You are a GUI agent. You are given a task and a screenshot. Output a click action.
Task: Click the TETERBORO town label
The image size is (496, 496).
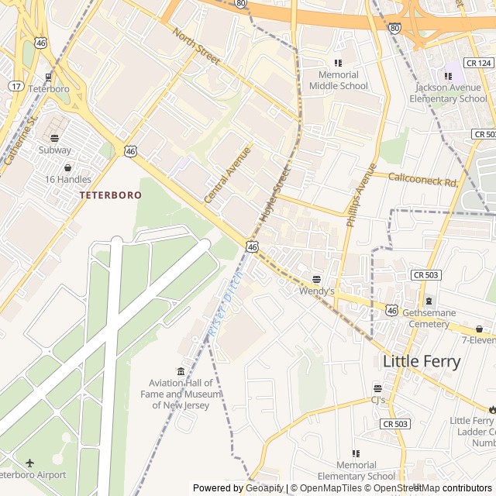(x=110, y=195)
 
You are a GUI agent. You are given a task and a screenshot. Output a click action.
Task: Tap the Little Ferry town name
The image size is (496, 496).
(x=422, y=361)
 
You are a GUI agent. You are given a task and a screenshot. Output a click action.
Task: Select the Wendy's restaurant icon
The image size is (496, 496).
(x=316, y=279)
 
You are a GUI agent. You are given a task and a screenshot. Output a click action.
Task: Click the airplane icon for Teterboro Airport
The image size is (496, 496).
(x=30, y=463)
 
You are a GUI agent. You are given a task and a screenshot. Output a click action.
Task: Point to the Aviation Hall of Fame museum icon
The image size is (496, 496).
(x=181, y=371)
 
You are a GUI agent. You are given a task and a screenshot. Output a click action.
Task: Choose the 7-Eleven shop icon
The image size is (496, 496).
(x=479, y=329)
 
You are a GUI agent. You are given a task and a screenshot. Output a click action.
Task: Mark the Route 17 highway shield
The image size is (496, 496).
(x=15, y=86)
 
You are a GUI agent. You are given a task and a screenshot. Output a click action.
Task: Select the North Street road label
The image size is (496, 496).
(x=196, y=47)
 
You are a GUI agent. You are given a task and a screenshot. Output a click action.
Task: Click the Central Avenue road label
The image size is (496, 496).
(x=228, y=175)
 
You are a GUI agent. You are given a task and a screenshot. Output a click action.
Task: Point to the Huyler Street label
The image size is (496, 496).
(x=274, y=193)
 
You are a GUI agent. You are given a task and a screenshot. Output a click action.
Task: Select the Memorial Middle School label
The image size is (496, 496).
(x=339, y=80)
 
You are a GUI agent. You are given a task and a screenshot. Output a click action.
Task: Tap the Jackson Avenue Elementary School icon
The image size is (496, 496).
(x=448, y=76)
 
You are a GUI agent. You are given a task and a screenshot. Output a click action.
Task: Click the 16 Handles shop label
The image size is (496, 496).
(x=67, y=179)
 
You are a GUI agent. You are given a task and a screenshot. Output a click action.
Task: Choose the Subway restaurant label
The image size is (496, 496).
(x=54, y=150)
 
